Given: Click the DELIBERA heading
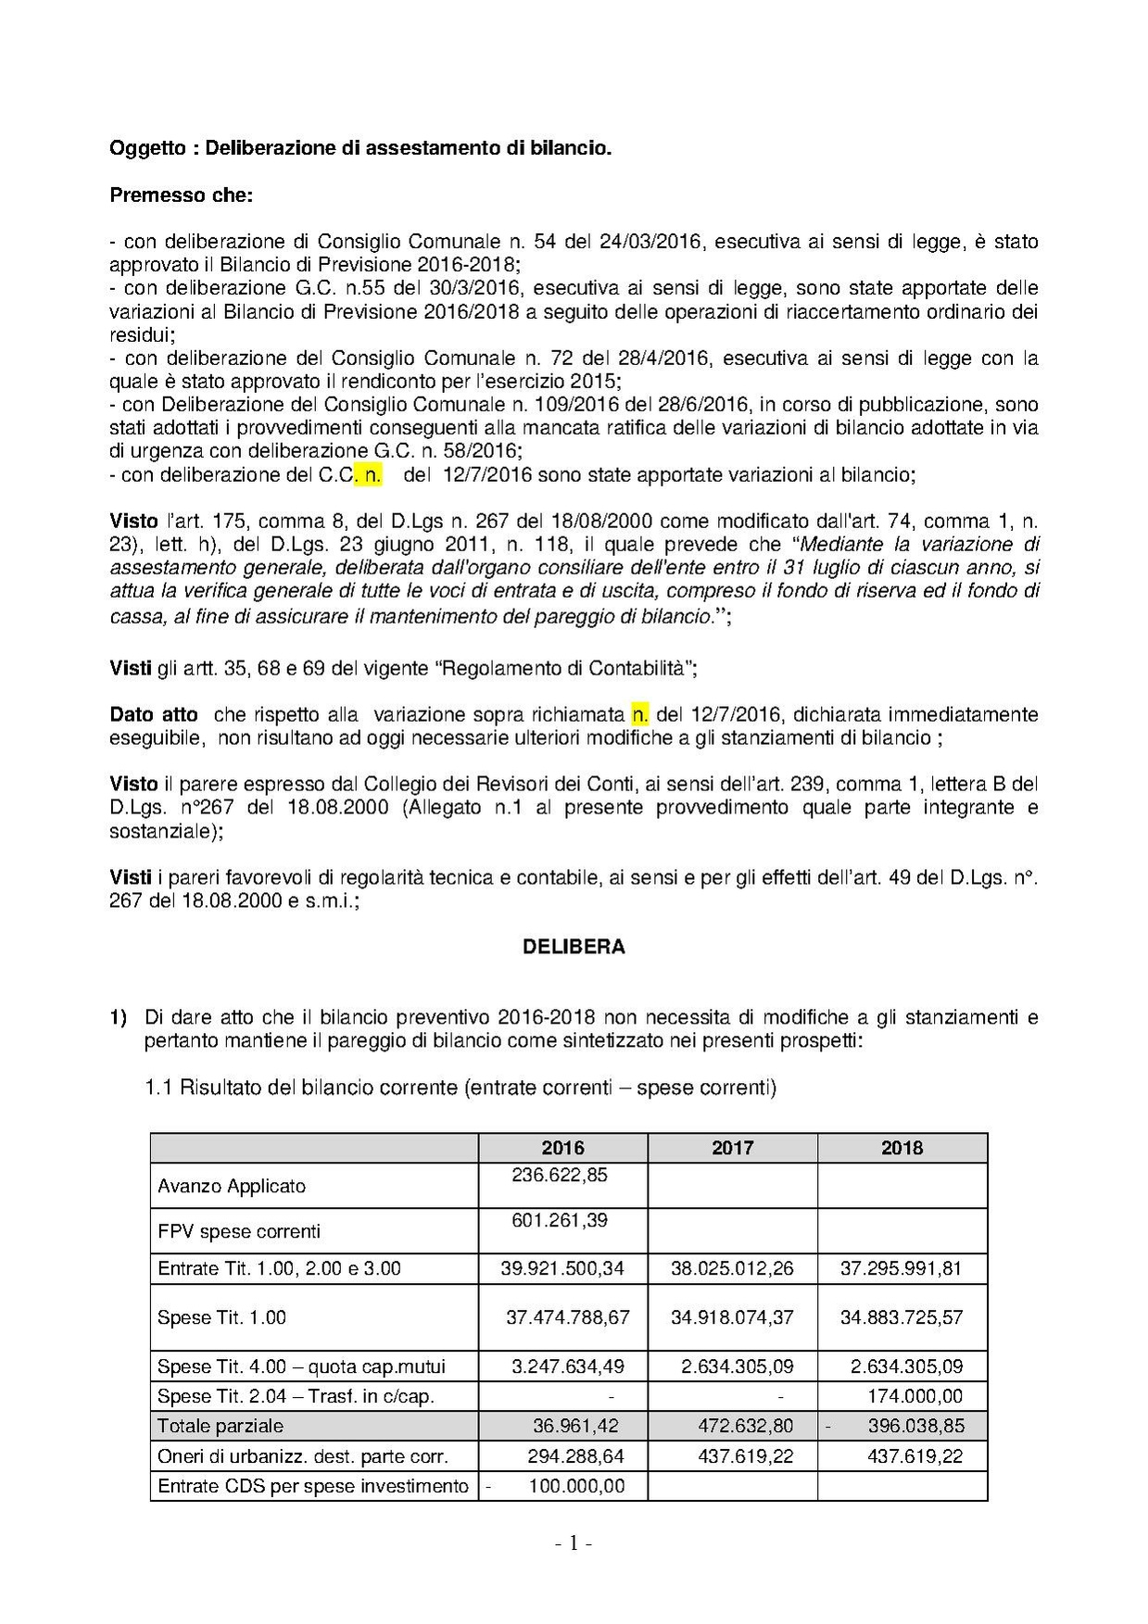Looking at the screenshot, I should tap(574, 947).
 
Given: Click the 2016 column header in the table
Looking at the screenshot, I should tap(562, 1148).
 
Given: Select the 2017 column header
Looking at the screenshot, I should tap(732, 1148).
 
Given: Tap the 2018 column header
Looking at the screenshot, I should tap(902, 1148).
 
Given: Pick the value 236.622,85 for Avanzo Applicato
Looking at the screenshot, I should tap(560, 1175).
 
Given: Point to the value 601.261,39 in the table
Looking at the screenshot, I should tap(560, 1220).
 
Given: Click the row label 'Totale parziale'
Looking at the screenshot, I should tap(221, 1426).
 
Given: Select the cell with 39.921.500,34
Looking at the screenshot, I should tap(562, 1268).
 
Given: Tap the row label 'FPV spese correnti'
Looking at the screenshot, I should tap(239, 1231).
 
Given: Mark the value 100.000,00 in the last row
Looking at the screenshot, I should tap(576, 1486).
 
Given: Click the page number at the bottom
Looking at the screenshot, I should tap(574, 1543).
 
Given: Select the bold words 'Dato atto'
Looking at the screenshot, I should tap(154, 714).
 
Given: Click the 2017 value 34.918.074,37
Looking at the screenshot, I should tap(732, 1316).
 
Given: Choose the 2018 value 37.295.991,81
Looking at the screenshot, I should tap(901, 1268).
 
